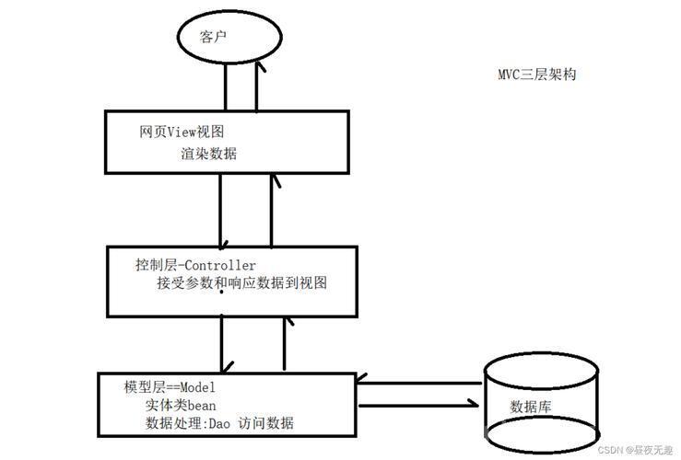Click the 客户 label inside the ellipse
click(213, 37)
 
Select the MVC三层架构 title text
click(537, 75)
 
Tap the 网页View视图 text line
click(182, 132)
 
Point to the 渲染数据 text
click(209, 154)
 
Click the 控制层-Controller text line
click(195, 264)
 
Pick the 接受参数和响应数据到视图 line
click(242, 282)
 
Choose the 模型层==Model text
click(170, 386)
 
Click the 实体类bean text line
click(181, 405)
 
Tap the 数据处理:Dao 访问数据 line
click(219, 422)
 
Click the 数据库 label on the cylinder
click(530, 407)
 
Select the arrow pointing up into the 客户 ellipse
click(257, 86)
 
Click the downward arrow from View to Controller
click(220, 212)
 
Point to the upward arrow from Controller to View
click(272, 211)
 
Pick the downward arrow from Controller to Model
click(221, 344)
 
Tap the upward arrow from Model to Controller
click(285, 343)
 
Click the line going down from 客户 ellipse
click(226, 86)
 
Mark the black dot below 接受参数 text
click(221, 293)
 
